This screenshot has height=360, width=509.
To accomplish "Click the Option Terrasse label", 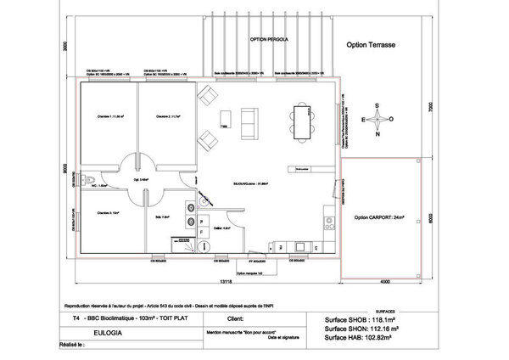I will (x=376, y=44).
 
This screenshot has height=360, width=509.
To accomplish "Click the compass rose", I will (x=378, y=120).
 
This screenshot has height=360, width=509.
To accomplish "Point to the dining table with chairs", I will (x=301, y=121).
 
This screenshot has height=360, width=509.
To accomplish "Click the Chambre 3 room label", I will (x=108, y=213).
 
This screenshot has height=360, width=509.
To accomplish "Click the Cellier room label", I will (x=218, y=228).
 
